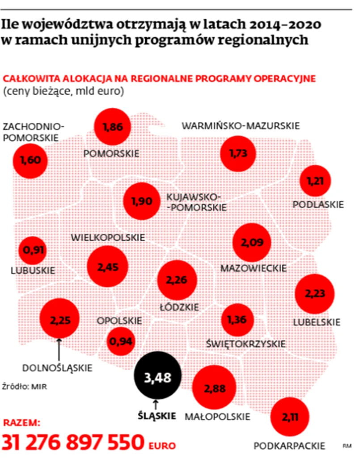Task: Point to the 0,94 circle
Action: point(120,342)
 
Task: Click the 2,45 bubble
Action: point(106,267)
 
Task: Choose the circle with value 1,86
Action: point(112,127)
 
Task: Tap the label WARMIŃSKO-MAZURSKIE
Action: point(240,126)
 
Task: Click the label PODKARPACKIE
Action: point(289,445)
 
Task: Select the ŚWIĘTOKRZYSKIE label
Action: point(246,344)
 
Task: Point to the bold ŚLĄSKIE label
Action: point(156,414)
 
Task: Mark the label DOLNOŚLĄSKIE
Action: point(57,368)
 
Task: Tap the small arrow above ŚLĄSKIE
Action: point(156,403)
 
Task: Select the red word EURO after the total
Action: point(162,445)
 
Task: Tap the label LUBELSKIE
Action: point(317,322)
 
